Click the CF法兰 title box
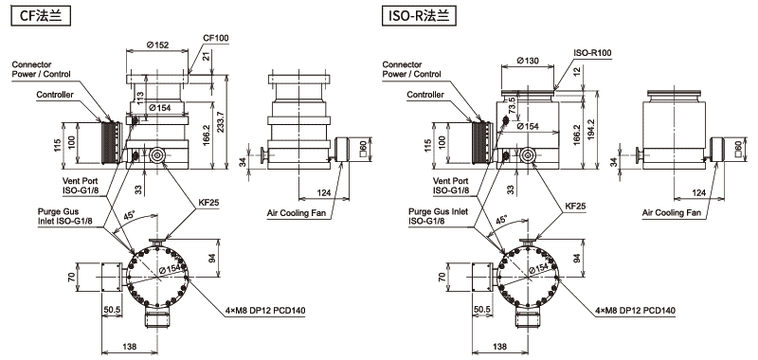click(41, 16)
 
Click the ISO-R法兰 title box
click(419, 16)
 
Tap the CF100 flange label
click(216, 38)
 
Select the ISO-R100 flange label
click(593, 52)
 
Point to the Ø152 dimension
click(157, 45)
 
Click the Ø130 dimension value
click(528, 61)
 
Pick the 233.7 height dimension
click(221, 125)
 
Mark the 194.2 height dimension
click(591, 131)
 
